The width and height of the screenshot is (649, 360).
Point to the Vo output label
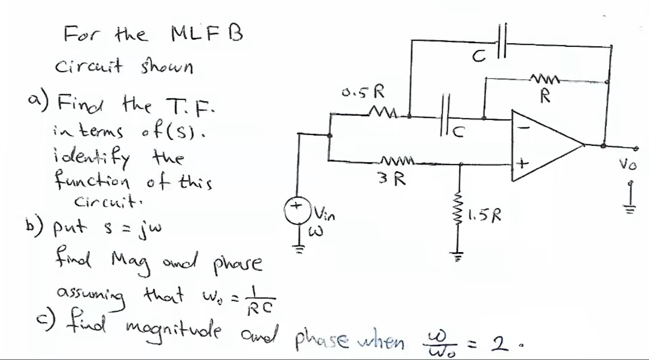[628, 165]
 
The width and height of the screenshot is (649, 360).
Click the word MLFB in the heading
[207, 33]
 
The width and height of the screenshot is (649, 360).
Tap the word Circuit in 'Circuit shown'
[88, 67]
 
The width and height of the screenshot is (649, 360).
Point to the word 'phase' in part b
[238, 263]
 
